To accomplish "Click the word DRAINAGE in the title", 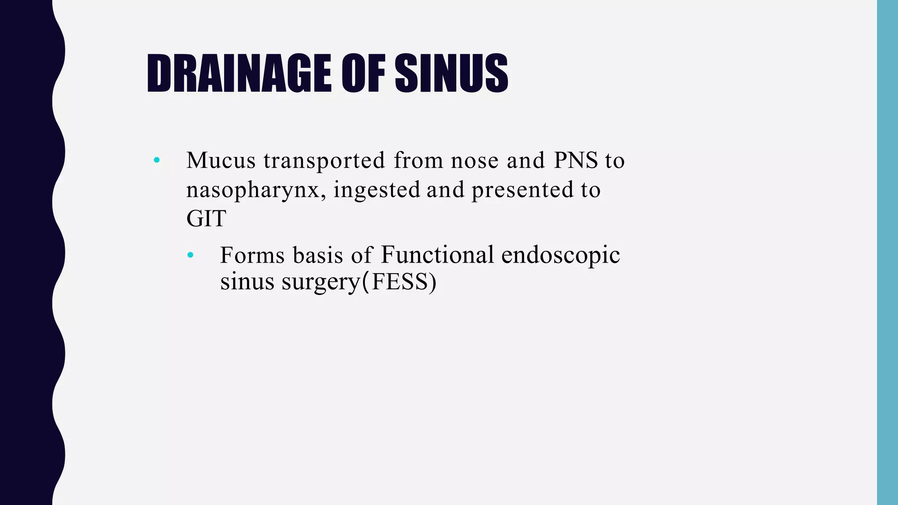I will coord(239,73).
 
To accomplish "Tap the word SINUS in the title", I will coord(451,73).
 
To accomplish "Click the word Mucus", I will coord(221,160).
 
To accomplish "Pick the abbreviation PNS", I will coord(576,160).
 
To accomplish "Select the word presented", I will coord(522,190).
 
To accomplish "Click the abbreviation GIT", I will coord(206,219).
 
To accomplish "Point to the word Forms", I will coord(252,255).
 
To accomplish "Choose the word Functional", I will coord(437,255).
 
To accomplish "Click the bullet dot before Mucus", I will coord(157,160).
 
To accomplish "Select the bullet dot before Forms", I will coord(190,255).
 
